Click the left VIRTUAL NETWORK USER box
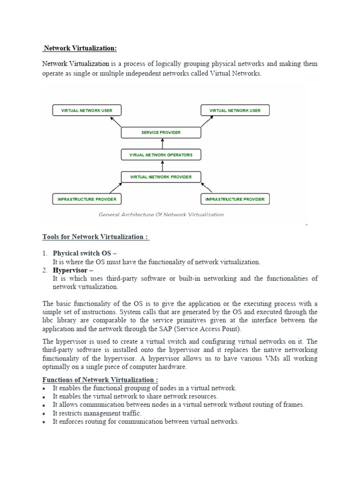pyautogui.click(x=87, y=111)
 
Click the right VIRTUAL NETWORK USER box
pyautogui.click(x=235, y=111)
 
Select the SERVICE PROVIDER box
pyautogui.click(x=161, y=133)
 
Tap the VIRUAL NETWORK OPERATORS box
pyautogui.click(x=161, y=155)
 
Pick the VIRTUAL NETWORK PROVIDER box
pyautogui.click(x=161, y=177)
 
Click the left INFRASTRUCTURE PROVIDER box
pyautogui.click(x=87, y=199)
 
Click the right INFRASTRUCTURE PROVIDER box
pyautogui.click(x=235, y=199)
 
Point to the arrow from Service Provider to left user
pyautogui.click(x=116, y=122)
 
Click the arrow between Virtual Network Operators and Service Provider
pyautogui.click(x=162, y=144)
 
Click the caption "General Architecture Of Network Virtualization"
pyautogui.click(x=161, y=215)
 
